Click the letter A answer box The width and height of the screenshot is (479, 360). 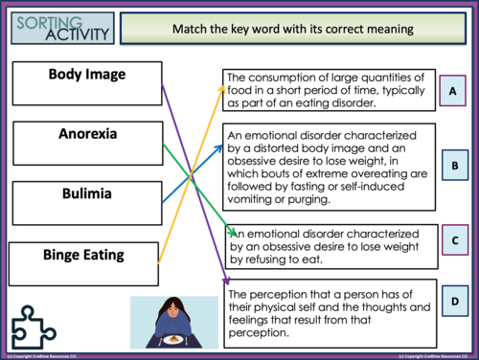tap(454, 91)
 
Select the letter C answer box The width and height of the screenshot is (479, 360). tap(454, 240)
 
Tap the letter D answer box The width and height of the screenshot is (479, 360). tap(454, 304)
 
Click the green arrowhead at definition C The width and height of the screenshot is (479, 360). tap(232, 232)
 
